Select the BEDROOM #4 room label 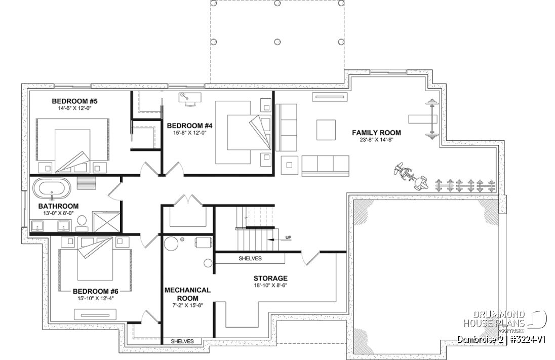point(186,126)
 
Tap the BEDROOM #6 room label point(95,291)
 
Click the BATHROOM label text point(59,206)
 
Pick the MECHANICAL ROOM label point(187,294)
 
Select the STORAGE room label point(270,278)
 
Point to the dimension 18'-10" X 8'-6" point(270,285)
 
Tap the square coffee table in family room point(326,130)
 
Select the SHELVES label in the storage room point(250,258)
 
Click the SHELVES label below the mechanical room point(182,341)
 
